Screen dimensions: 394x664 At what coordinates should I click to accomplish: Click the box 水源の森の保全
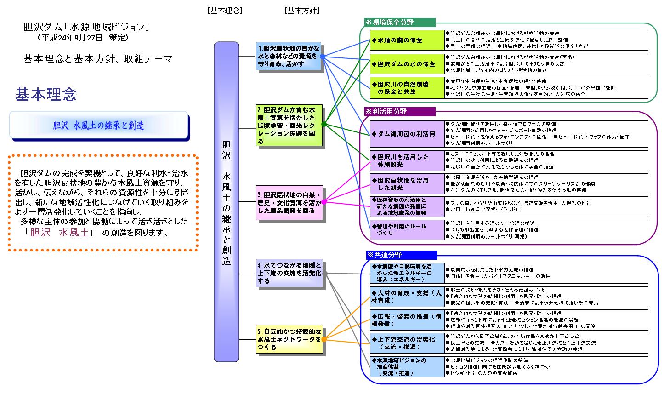click(407, 40)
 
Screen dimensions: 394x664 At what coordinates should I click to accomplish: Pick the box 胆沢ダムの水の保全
click(407, 64)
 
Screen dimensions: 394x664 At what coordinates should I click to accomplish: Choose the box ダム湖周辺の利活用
click(407, 134)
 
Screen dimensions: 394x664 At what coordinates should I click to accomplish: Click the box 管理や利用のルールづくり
click(407, 229)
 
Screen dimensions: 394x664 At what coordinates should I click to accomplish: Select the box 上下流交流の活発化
click(407, 343)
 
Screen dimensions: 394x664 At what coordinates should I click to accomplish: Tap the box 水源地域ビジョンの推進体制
click(407, 366)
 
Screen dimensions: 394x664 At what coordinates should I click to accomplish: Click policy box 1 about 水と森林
click(289, 57)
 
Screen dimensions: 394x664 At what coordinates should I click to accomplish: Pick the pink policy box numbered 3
click(289, 202)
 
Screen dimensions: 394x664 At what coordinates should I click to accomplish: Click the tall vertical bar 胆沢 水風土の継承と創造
click(227, 201)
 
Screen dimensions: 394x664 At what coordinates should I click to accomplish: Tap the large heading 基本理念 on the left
click(46, 94)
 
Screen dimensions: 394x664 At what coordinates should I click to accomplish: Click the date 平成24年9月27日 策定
click(84, 38)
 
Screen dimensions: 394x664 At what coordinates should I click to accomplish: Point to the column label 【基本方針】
click(302, 10)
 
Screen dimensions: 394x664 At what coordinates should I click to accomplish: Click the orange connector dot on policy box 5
click(323, 339)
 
